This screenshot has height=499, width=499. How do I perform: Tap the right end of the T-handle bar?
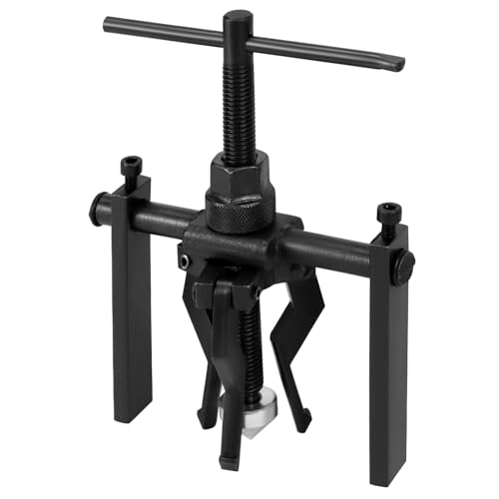tap(399, 62)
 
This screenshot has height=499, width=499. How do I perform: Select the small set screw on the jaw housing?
tap(185, 258)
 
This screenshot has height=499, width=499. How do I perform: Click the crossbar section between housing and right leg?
tap(329, 244)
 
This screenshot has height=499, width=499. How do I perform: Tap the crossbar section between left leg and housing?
tap(165, 218)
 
